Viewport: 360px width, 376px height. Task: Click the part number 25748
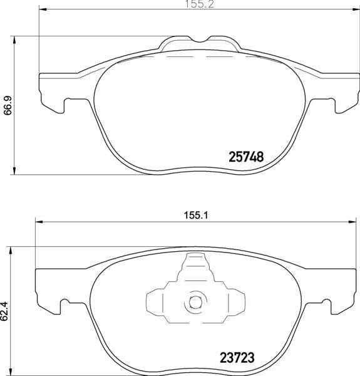coord(246,157)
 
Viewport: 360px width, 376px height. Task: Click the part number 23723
coord(237,358)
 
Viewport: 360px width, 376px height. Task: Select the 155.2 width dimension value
coord(200,4)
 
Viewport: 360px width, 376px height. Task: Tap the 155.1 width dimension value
coord(196,216)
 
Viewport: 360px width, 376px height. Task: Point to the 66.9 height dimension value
coord(8,105)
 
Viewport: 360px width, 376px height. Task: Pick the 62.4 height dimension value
coord(4,311)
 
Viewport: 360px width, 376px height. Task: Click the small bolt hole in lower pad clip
coord(195,302)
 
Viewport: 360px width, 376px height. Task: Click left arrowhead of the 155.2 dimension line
coord(43,9)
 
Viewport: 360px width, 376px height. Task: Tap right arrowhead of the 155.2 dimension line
coord(356,9)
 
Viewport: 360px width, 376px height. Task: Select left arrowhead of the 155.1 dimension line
coord(39,222)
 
